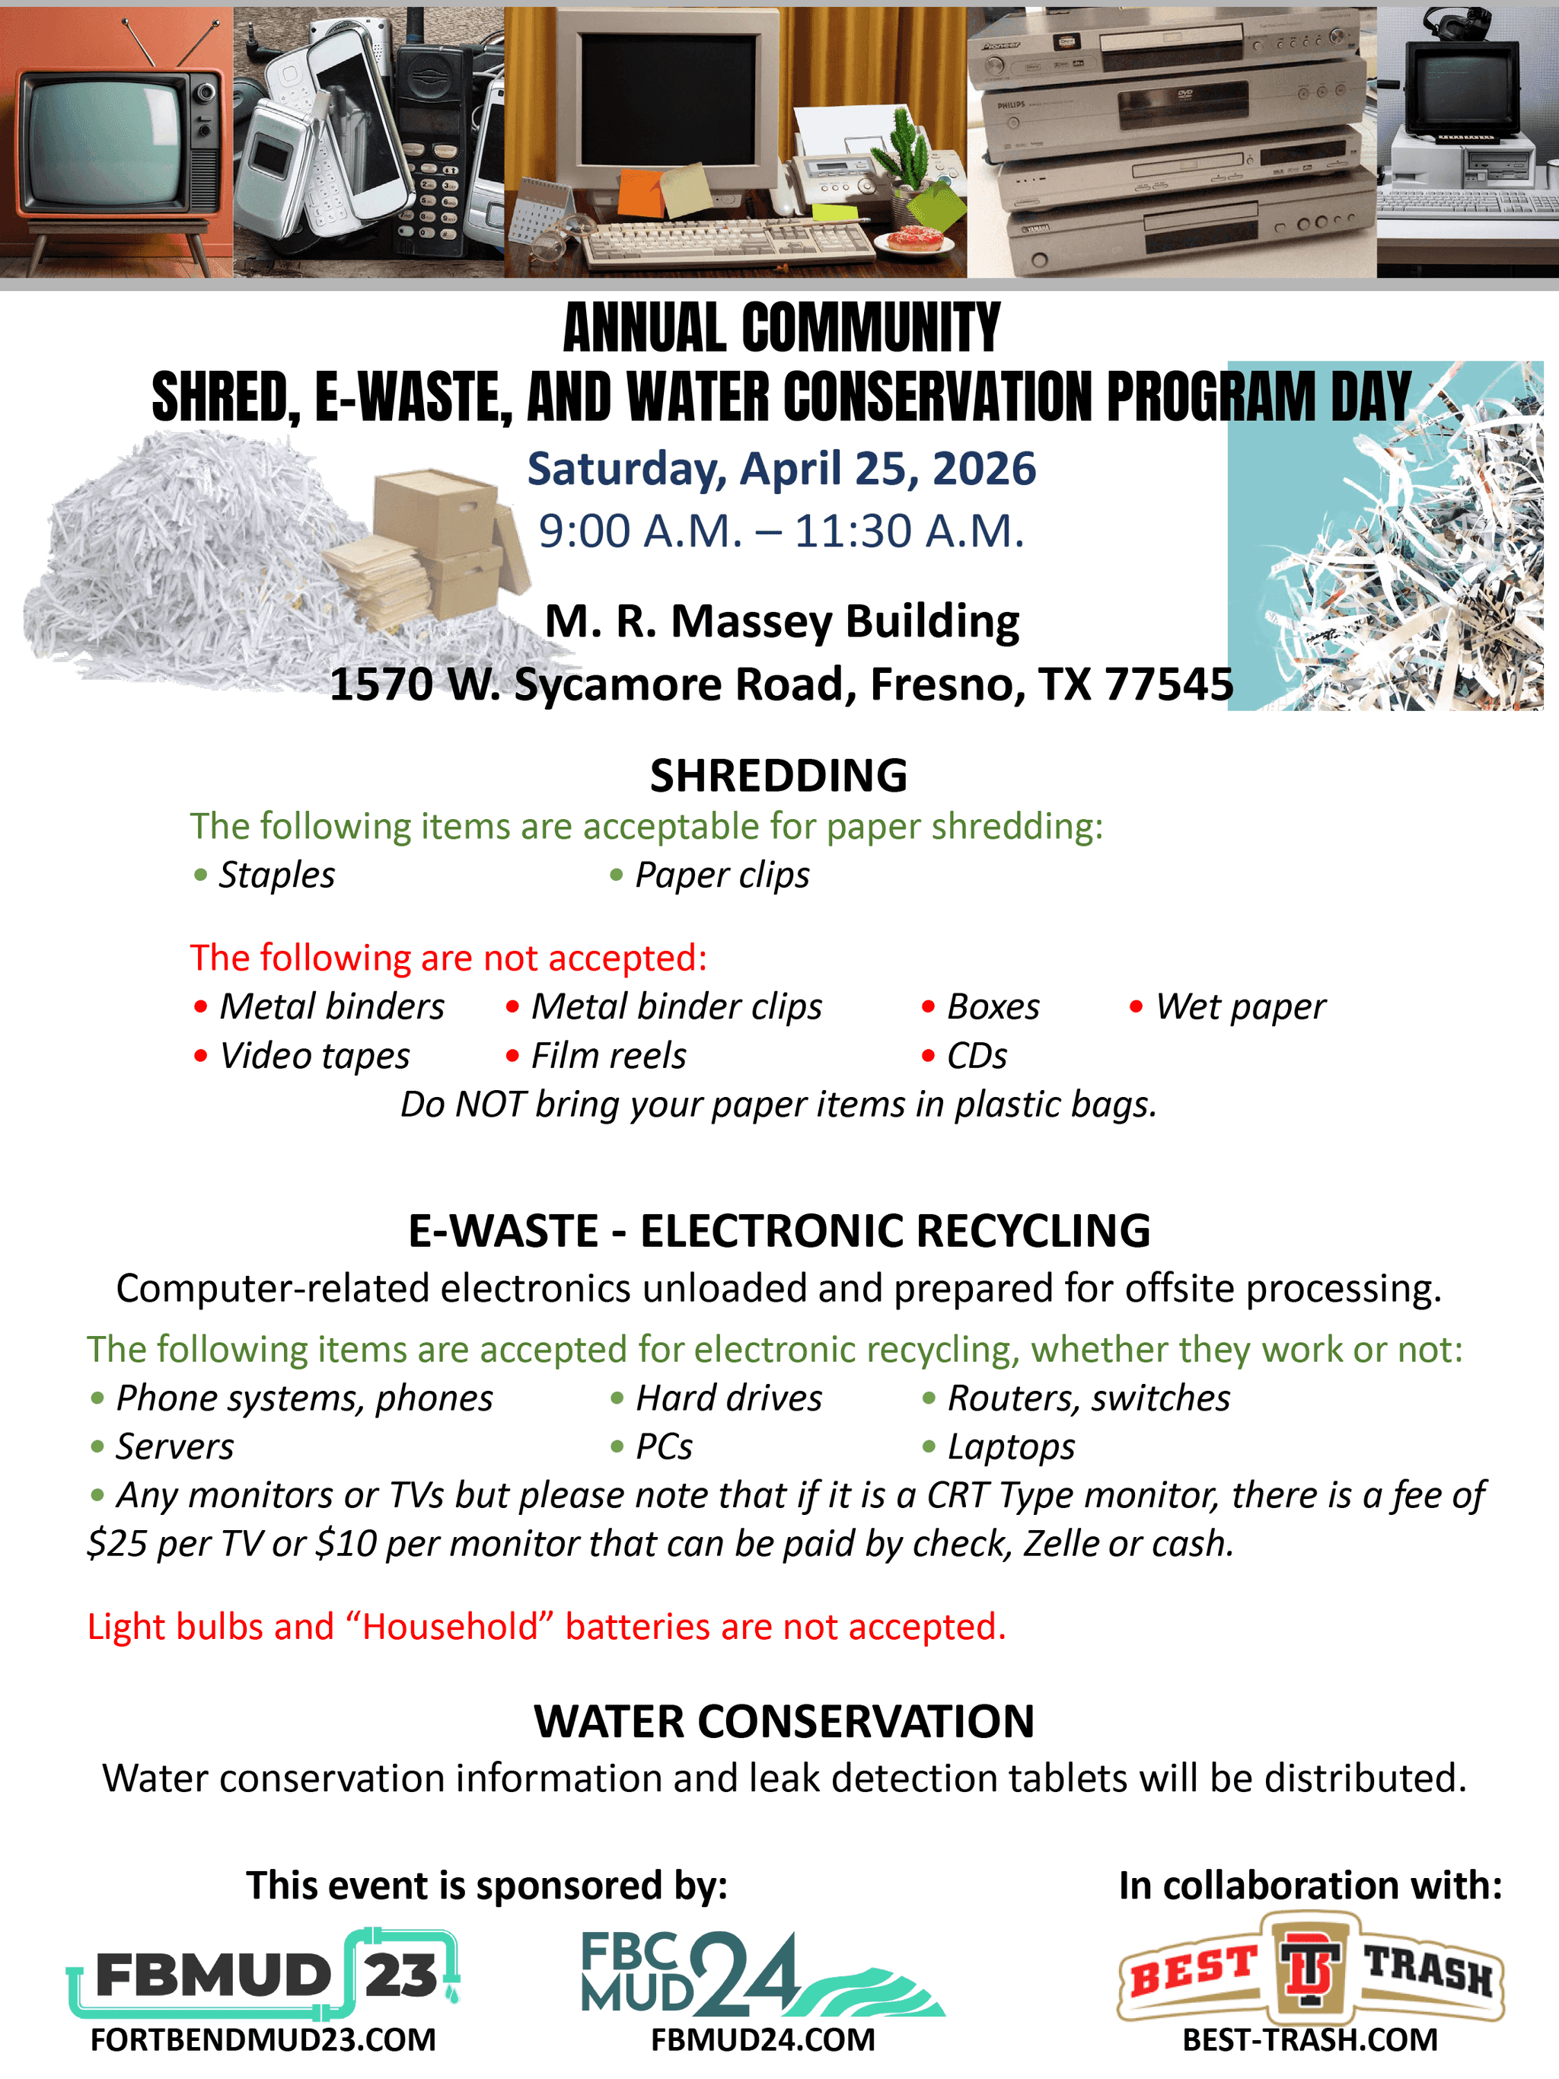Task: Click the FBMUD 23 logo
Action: click(263, 1974)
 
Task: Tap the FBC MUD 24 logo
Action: click(761, 1974)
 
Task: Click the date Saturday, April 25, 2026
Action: click(781, 469)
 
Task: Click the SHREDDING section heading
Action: click(778, 776)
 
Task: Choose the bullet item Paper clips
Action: click(721, 875)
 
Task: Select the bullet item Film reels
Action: click(608, 1055)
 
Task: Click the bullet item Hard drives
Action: click(728, 1398)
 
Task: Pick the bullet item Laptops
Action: click(1010, 1447)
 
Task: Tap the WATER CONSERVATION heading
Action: click(784, 1722)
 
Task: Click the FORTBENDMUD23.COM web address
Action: click(263, 2039)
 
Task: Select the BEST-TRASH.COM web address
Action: click(1310, 2039)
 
